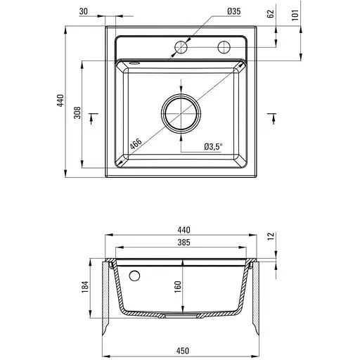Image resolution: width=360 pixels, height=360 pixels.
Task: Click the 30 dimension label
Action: click(x=84, y=11)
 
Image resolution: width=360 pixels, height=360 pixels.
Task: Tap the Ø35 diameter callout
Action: click(x=233, y=11)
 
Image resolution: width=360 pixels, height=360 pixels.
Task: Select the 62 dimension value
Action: click(x=270, y=14)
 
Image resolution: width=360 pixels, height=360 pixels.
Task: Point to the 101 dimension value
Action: click(x=295, y=15)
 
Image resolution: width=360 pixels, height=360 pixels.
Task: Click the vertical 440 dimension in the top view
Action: click(x=60, y=101)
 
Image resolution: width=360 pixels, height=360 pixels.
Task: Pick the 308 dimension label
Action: click(x=77, y=112)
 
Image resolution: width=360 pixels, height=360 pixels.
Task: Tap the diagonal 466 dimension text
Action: click(x=136, y=144)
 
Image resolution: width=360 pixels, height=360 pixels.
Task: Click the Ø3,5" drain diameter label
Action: click(x=213, y=147)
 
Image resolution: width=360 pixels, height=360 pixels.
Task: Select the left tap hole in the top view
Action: click(x=181, y=47)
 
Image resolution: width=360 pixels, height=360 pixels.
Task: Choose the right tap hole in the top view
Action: click(x=224, y=47)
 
